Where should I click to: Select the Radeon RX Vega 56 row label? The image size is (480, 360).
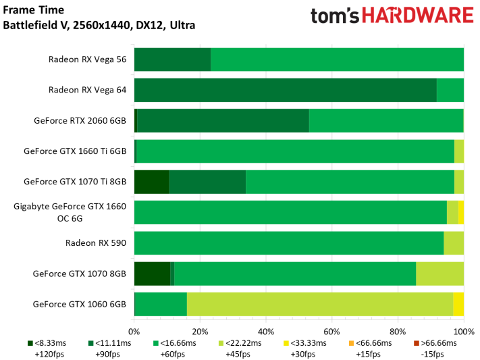87,59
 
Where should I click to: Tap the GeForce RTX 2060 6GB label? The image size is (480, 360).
80,121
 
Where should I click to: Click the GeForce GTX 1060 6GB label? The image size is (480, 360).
79,304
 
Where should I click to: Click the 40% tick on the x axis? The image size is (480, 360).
266,332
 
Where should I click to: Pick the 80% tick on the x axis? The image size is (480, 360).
398,332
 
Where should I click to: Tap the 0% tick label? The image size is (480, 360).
134,332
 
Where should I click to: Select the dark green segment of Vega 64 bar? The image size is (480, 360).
285,90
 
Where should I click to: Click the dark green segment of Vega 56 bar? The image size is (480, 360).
172,59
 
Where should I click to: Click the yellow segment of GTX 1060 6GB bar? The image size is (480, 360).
458,304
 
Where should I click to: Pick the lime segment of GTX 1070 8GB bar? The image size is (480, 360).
439,274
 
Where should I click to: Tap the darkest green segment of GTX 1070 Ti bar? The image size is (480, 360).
151,182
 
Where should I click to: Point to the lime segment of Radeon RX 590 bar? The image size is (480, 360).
453,242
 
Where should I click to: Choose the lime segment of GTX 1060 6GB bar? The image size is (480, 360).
319,304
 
